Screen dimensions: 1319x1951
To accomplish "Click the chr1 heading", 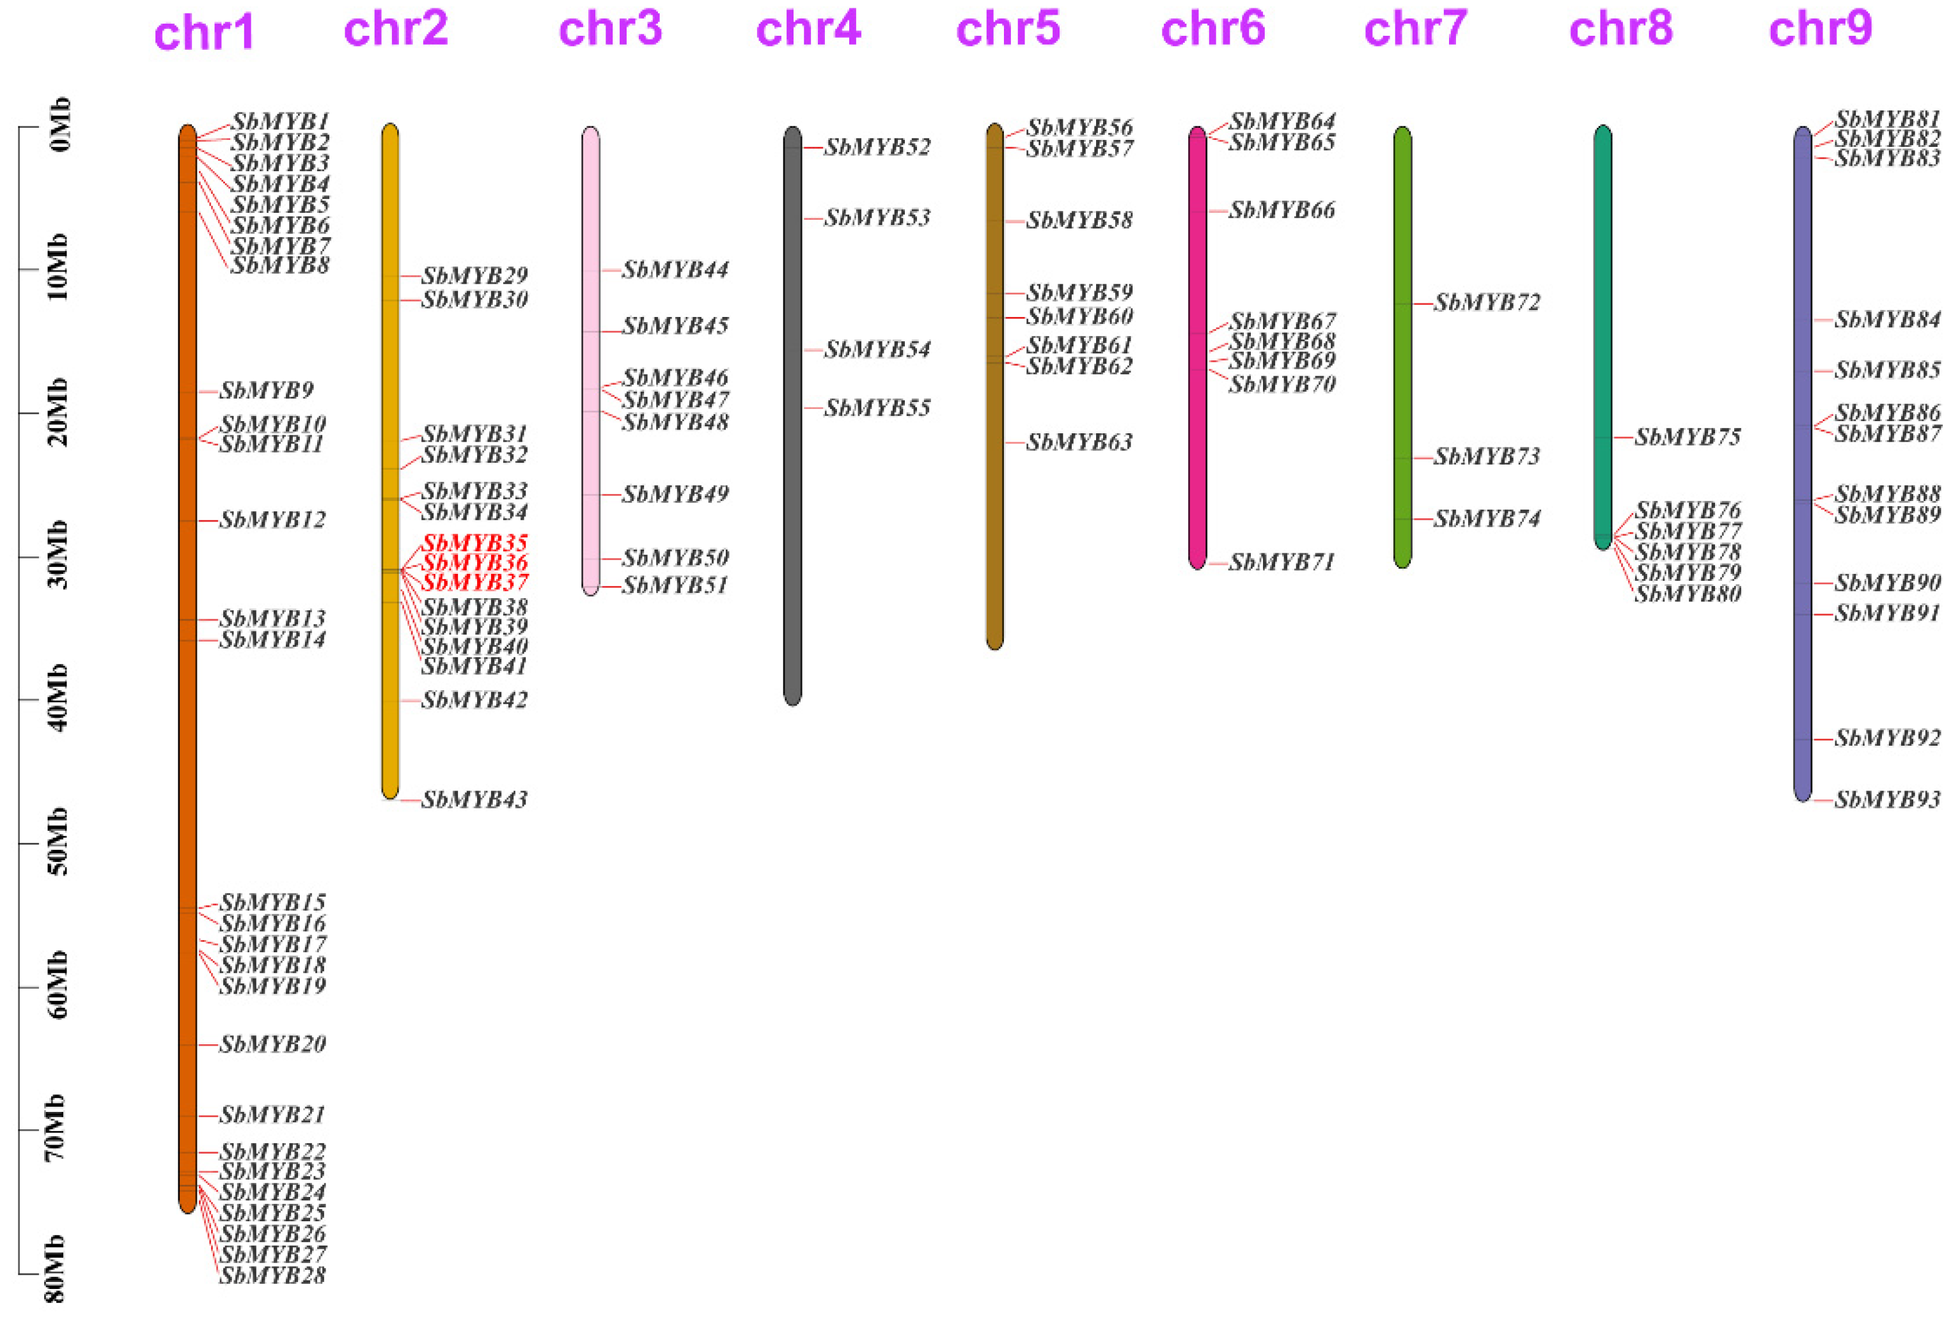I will click(204, 34).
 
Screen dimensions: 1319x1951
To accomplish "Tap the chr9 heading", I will click(1820, 29).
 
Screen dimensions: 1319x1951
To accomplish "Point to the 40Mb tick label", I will click(57, 698).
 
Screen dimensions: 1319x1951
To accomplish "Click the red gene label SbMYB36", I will click(474, 562).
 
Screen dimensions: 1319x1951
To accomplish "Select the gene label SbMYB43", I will click(474, 799).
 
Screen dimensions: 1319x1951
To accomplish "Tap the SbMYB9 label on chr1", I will click(266, 391).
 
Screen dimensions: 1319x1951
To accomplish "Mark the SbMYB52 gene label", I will click(877, 148).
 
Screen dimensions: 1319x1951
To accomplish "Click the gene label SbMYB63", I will click(1079, 442).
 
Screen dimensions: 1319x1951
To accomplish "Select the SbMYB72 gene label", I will click(1487, 303).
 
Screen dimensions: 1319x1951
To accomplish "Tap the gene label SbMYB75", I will click(1688, 437).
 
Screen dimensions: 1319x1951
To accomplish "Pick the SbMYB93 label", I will click(1886, 799).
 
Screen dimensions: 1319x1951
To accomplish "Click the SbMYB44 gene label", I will click(675, 270).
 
